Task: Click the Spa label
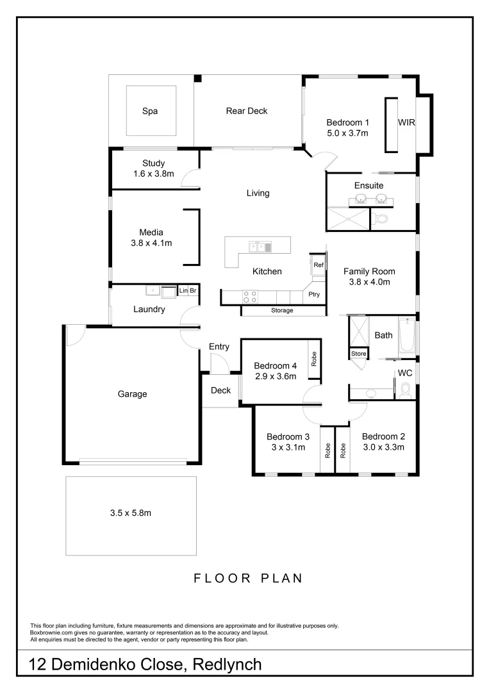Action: click(x=150, y=111)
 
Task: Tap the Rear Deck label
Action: click(x=247, y=111)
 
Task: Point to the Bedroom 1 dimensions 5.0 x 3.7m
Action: click(x=347, y=133)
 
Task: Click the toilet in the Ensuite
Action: click(x=383, y=219)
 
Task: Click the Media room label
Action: click(x=152, y=232)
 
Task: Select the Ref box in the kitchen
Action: click(x=318, y=264)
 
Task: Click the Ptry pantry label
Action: click(x=314, y=295)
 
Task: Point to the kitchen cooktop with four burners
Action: click(x=249, y=296)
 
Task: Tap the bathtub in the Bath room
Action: click(x=407, y=336)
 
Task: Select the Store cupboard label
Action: click(x=358, y=353)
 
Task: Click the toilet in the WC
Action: click(x=405, y=389)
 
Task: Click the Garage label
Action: click(x=132, y=394)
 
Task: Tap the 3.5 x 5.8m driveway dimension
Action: click(x=130, y=513)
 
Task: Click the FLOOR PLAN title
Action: click(x=248, y=578)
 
